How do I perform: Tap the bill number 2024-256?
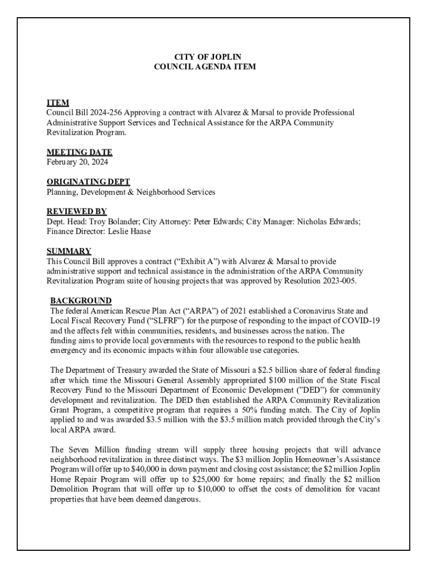click(109, 113)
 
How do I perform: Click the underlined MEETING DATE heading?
click(79, 152)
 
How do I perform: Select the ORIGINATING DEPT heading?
click(88, 182)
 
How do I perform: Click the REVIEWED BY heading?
click(77, 211)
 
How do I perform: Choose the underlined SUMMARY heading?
click(69, 251)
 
